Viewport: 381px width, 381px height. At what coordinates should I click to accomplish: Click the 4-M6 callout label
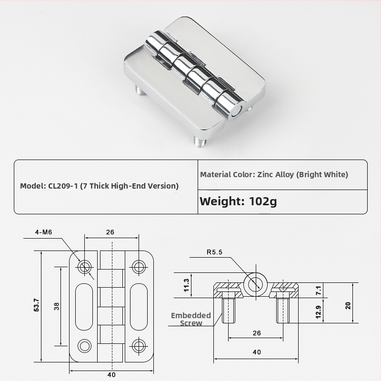pyautogui.click(x=43, y=232)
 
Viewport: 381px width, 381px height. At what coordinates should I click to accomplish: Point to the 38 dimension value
pyautogui.click(x=57, y=306)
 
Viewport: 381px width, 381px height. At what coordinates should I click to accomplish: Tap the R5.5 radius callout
pyautogui.click(x=214, y=252)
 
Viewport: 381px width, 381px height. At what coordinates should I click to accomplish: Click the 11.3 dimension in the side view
pyautogui.click(x=186, y=285)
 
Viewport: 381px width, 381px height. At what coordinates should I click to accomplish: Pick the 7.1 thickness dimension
pyautogui.click(x=319, y=291)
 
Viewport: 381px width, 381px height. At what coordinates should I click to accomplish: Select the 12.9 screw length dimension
pyautogui.click(x=318, y=312)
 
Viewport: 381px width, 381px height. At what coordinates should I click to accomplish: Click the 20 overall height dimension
pyautogui.click(x=348, y=305)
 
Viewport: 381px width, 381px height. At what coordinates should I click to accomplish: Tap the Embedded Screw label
pyautogui.click(x=191, y=319)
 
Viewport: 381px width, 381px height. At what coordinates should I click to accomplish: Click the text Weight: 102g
pyautogui.click(x=238, y=201)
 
